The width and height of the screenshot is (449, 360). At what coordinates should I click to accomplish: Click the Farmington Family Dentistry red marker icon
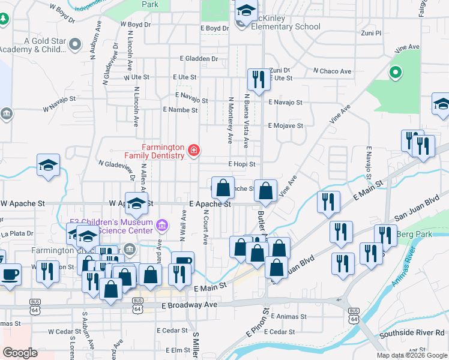point(194,151)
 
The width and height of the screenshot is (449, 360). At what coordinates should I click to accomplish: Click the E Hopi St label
point(242,164)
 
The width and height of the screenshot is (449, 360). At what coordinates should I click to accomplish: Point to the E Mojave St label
point(285,126)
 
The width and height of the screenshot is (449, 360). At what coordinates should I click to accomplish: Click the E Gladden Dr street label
point(199,59)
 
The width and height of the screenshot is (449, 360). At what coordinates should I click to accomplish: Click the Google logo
point(20,353)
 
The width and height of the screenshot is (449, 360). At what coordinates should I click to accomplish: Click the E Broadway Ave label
point(189,305)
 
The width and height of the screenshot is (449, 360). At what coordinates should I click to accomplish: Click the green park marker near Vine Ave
point(395,74)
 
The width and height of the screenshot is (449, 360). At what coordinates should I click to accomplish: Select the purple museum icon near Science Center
point(161,226)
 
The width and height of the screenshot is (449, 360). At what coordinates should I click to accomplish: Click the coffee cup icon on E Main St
point(183,262)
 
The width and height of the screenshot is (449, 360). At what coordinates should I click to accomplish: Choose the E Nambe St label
point(180,110)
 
